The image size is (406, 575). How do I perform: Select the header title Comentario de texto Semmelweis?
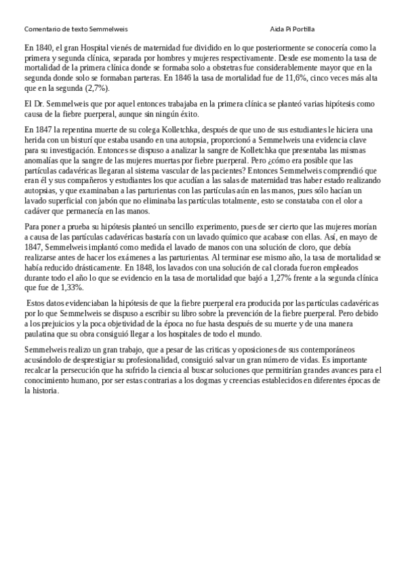pos(76,30)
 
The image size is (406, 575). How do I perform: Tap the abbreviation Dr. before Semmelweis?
pos(40,103)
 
